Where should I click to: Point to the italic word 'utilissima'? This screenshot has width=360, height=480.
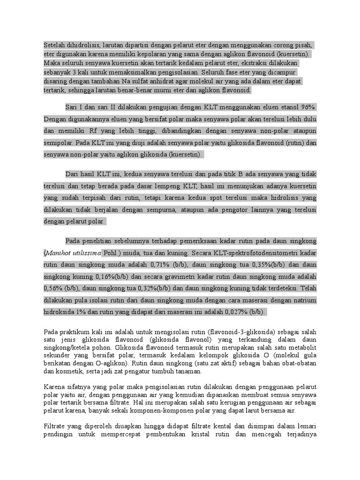coord(87,253)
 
